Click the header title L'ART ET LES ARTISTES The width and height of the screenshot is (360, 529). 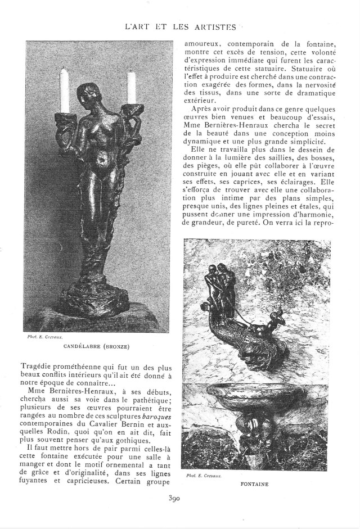click(x=180, y=26)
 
